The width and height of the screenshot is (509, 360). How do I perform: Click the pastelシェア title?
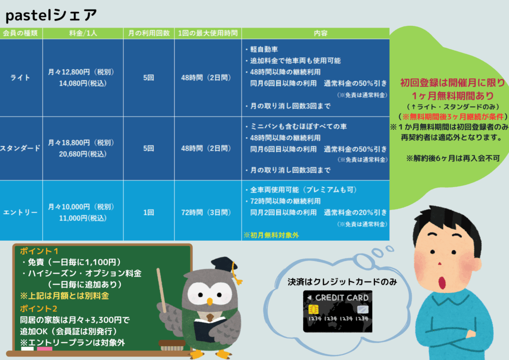pos(51,15)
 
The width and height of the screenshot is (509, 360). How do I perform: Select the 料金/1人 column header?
pos(83,33)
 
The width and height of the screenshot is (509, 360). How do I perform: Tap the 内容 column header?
pos(321,33)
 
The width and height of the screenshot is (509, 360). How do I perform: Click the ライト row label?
pos(20,78)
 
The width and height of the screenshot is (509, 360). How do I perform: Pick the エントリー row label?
pos(20,212)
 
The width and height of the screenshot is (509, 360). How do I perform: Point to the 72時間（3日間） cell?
pos(206,212)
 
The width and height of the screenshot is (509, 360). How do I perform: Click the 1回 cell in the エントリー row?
pos(149,212)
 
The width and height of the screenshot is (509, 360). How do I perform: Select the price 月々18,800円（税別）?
pos(81,143)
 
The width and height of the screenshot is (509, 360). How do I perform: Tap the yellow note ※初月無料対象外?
pos(271,235)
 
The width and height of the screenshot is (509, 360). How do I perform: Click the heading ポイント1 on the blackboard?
pos(39,251)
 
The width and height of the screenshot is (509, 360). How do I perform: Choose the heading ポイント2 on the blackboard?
pos(39,308)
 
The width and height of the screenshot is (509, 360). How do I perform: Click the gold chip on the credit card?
pos(313,309)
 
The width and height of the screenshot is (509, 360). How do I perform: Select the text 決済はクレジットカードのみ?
pos(342,282)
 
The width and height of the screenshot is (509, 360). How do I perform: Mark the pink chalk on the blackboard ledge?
pos(44,349)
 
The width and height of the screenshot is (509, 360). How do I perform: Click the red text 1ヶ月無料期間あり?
pos(452,96)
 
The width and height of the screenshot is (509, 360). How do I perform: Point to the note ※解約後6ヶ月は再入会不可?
pos(453,158)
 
